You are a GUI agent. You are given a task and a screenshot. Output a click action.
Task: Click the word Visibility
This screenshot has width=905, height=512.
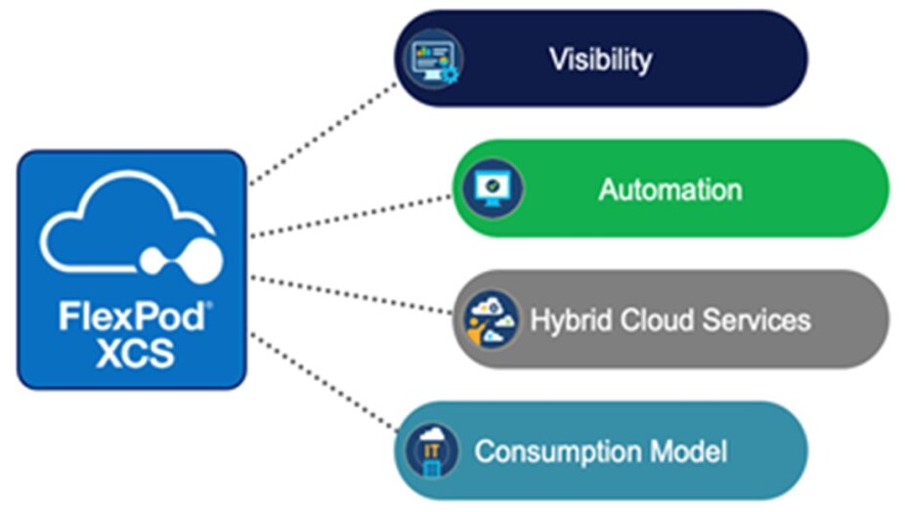(599, 60)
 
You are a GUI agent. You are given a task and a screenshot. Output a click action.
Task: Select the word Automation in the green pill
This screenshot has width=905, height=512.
(669, 189)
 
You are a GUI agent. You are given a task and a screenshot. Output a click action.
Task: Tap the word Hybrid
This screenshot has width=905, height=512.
(564, 320)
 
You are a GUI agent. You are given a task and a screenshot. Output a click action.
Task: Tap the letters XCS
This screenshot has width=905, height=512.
(135, 353)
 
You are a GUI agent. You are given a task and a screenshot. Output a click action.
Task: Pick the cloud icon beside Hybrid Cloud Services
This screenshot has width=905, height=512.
(490, 319)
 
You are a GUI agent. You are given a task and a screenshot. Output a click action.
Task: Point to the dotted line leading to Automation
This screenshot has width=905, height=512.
(352, 215)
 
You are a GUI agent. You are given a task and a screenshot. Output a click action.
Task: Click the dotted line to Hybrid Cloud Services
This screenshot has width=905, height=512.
(352, 294)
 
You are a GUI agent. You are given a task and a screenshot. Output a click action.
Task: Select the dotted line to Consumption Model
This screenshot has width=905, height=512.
(323, 381)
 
